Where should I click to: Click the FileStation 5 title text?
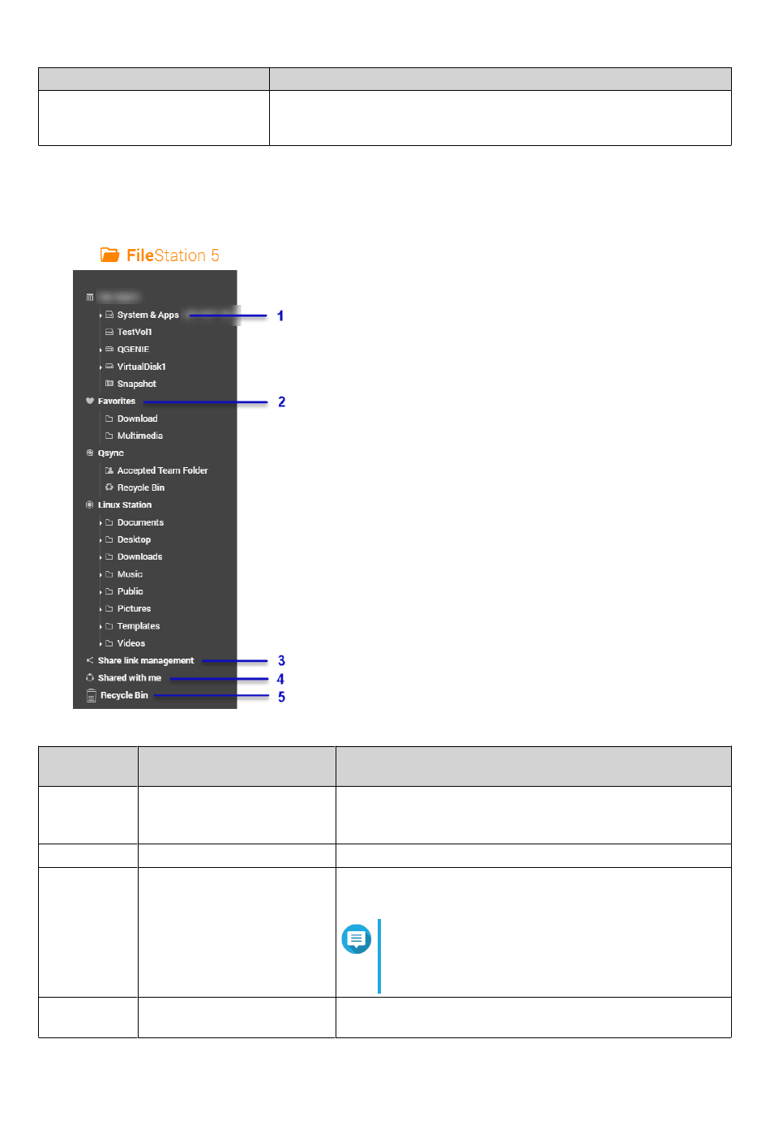point(173,255)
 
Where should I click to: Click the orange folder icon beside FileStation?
point(109,255)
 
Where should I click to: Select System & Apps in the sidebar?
point(148,315)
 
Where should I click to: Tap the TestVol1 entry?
point(134,332)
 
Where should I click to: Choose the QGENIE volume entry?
point(133,350)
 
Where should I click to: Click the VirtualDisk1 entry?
point(141,367)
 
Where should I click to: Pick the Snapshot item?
point(136,384)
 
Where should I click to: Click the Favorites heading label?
point(117,401)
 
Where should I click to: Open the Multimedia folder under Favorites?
point(139,436)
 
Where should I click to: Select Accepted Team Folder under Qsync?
point(162,470)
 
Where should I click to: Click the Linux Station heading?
point(125,505)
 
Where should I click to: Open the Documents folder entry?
point(140,522)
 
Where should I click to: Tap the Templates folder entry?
point(139,626)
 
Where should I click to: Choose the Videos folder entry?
point(131,643)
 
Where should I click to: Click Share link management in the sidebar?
point(146,660)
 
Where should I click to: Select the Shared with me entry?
point(130,678)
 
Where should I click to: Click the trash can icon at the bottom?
point(91,696)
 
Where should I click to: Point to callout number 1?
point(280,316)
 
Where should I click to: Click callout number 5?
point(281,697)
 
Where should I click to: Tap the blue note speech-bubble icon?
point(356,938)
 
